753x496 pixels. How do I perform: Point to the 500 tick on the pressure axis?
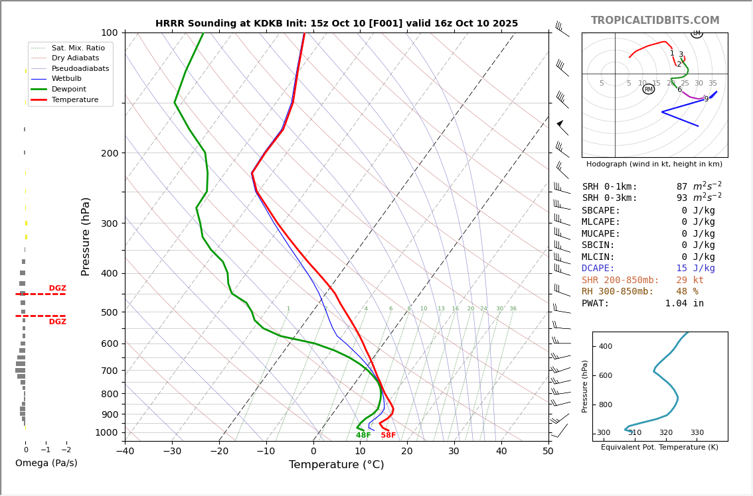pos(109,312)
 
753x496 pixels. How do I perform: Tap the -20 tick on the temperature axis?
pos(219,452)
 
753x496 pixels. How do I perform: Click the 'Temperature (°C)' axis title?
pos(336,465)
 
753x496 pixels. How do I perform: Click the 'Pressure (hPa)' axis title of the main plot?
pos(86,236)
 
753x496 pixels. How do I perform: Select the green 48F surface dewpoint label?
pos(363,436)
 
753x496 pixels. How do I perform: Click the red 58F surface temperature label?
pos(388,436)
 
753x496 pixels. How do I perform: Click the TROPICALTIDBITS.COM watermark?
pos(655,21)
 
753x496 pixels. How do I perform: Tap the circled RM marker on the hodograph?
pos(649,89)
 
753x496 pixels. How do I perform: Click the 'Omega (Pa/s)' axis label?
pos(46,464)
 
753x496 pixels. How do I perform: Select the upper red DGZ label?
pos(57,288)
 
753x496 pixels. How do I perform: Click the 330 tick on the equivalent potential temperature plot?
pos(697,433)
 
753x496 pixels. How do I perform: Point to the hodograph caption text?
pos(654,164)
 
